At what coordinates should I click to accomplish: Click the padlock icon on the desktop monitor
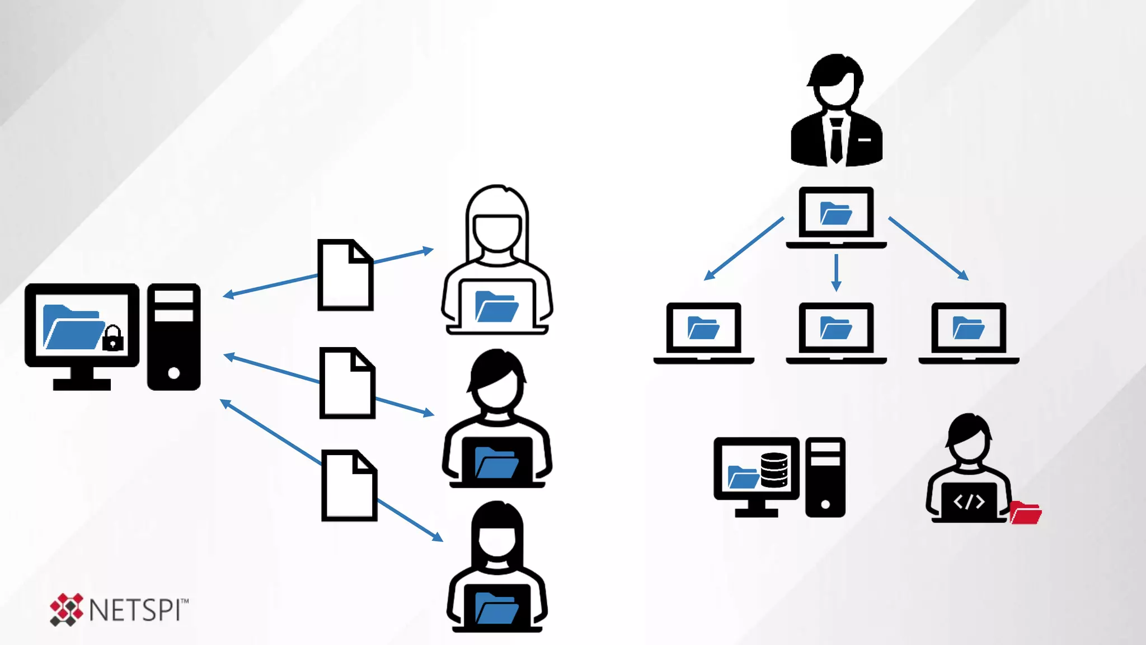click(x=113, y=338)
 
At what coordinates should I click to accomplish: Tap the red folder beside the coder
click(x=1026, y=513)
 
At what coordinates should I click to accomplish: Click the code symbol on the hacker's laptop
click(x=969, y=502)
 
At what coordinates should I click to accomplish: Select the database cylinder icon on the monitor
click(x=774, y=470)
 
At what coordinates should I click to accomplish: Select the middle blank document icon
click(x=347, y=383)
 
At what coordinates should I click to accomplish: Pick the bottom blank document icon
click(x=349, y=485)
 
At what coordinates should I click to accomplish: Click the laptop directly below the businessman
click(x=836, y=217)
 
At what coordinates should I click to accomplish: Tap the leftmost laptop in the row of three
click(x=703, y=333)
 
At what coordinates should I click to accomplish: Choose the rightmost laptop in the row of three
click(x=969, y=333)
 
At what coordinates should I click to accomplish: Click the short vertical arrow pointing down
click(x=836, y=272)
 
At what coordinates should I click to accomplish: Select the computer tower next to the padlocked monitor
click(x=173, y=336)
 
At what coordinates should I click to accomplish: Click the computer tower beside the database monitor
click(x=825, y=477)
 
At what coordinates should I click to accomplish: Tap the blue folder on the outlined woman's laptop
click(x=496, y=307)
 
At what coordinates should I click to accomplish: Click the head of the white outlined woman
click(x=497, y=224)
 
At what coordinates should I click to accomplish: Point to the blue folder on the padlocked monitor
click(x=73, y=328)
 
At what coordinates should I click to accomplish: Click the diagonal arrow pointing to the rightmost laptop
click(x=928, y=248)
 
